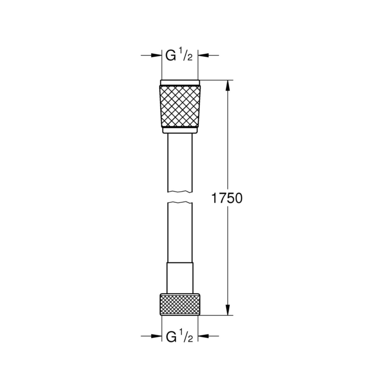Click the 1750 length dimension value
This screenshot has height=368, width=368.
[227, 198]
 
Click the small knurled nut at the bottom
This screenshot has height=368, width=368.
[180, 304]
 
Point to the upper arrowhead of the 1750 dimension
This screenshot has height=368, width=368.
[227, 86]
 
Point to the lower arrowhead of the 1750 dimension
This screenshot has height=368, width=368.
[227, 309]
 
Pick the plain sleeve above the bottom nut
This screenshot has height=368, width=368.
[180, 278]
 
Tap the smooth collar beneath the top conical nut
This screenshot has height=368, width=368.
[180, 130]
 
